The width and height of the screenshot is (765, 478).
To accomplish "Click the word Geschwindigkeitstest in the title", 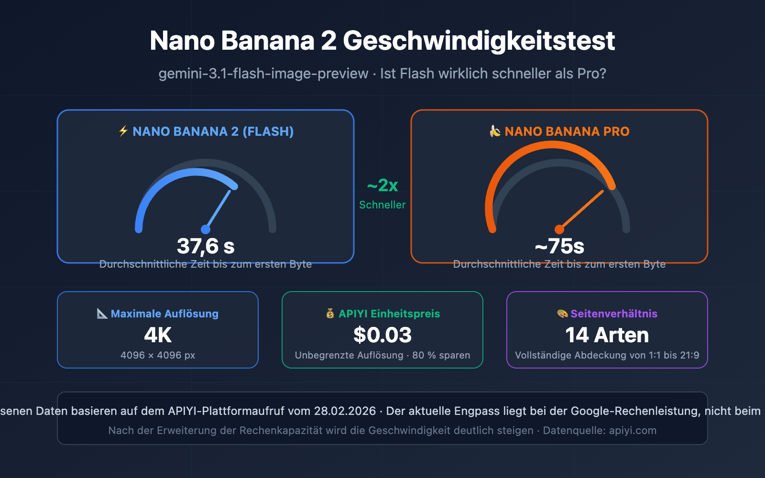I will [479, 41].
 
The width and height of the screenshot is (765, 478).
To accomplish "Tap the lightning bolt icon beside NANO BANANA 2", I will [123, 131].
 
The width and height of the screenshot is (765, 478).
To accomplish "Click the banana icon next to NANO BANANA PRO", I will [495, 131].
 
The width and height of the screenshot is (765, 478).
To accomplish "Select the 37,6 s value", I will [206, 247].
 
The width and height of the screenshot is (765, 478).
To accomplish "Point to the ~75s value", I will [559, 247].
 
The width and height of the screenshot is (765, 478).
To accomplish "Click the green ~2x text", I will [382, 185].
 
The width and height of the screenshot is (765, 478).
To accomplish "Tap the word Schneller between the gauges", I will [382, 205].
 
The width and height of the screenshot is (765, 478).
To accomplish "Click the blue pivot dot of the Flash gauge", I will [206, 229].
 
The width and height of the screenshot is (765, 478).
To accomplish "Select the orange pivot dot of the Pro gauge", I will [559, 229].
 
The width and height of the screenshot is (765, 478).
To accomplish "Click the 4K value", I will [158, 335].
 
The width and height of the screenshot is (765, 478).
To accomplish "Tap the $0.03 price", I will [382, 335].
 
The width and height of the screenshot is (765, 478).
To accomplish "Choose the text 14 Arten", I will [607, 335].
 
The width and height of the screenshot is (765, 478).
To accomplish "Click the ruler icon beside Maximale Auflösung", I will [102, 314].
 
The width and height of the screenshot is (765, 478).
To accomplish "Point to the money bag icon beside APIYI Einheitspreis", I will [330, 314].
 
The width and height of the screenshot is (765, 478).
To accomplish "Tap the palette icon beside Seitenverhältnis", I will [562, 314].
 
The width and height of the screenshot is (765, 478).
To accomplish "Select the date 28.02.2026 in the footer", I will [345, 411].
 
